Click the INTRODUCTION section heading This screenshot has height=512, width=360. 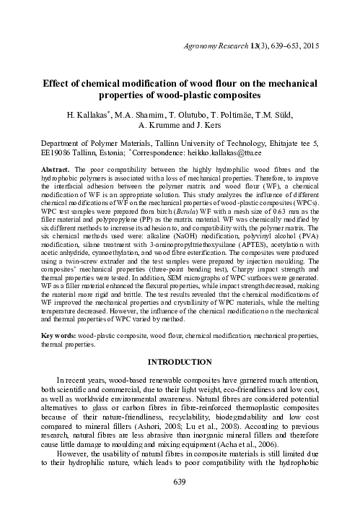(x=180, y=360)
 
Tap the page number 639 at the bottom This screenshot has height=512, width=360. (x=180, y=481)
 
